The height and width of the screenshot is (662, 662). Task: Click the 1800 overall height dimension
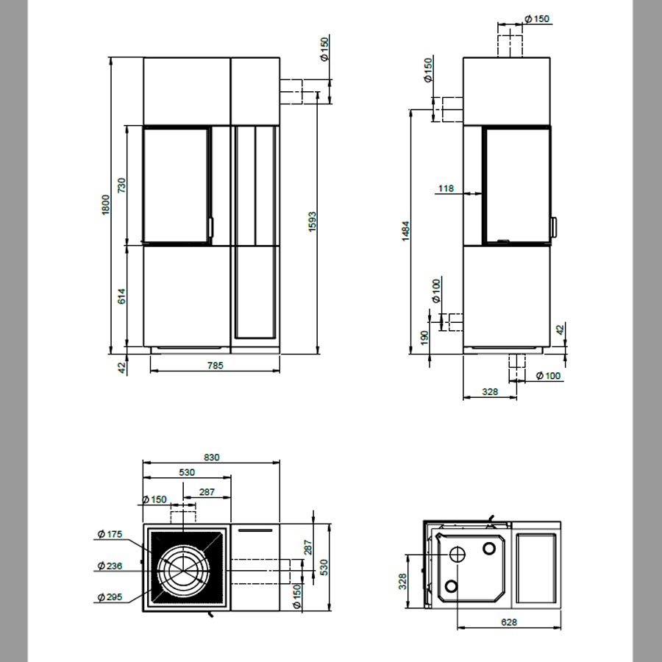(106, 204)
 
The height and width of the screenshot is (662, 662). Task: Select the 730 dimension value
(121, 186)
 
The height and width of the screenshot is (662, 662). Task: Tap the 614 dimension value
(121, 296)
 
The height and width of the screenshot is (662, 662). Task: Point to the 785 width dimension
(216, 365)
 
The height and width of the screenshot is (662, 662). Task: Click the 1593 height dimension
(313, 221)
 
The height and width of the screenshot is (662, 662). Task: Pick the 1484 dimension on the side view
(406, 231)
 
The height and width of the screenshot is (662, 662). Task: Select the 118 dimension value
(446, 188)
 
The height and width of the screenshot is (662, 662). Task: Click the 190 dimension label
(424, 338)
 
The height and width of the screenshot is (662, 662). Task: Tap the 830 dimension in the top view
(212, 458)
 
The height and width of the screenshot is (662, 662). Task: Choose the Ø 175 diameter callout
(110, 534)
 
